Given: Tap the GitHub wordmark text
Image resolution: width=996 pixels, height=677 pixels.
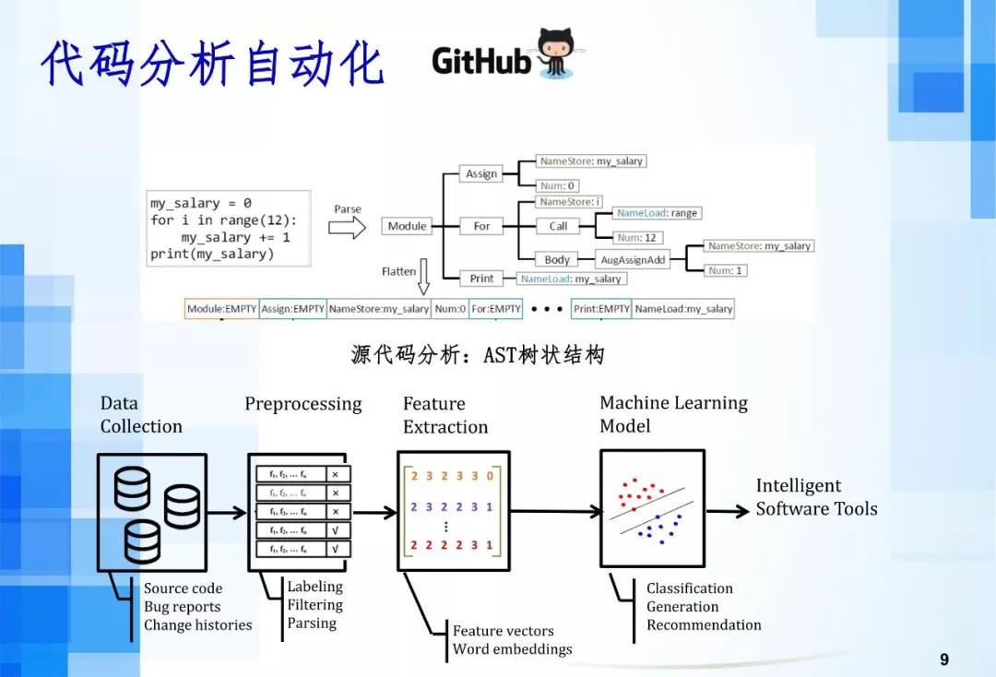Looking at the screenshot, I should pos(481,61).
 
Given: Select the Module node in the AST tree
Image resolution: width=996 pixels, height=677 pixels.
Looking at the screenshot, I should pos(407,226).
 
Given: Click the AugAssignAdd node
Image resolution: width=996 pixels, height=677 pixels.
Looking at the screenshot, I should pos(633,260).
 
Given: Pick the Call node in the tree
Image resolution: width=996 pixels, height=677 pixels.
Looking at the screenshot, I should pos(558,226).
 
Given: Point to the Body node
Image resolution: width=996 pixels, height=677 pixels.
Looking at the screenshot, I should pos(557,260).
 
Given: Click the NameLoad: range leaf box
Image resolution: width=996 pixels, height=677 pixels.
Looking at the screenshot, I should pos(658,213).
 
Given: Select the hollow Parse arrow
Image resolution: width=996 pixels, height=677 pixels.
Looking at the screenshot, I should pos(347,229).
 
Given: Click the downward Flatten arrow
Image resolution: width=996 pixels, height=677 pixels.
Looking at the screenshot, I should pos(423,277).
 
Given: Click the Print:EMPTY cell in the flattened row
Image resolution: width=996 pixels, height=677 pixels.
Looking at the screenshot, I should pos(600,309).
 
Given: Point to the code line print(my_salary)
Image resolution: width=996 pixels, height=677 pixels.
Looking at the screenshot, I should pos(212,254).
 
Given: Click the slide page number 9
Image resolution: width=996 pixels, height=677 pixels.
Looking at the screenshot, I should pos(943,659).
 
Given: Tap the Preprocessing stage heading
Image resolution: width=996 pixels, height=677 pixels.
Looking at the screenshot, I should pos(302,405).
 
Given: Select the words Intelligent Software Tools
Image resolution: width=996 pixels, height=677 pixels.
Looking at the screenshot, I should pos(816,497).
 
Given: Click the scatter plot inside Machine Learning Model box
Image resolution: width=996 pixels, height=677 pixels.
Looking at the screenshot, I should pos(651,508).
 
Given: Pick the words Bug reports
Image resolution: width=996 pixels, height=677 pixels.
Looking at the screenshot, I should pos(182,607).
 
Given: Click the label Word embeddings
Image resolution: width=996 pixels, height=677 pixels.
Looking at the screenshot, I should pos(512,649).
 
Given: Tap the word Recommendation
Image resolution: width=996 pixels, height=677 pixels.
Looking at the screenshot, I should pos(704,625).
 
